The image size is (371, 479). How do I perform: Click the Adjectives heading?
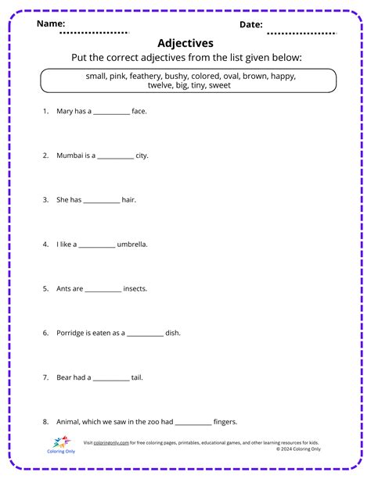[x=185, y=43]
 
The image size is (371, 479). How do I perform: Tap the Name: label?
[x=51, y=24]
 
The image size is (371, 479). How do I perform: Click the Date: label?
[x=250, y=24]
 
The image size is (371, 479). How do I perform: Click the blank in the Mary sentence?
[x=112, y=112]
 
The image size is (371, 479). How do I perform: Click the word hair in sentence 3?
[x=129, y=200]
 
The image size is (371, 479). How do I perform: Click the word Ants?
[x=65, y=289]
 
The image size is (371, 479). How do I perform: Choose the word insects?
[x=135, y=289]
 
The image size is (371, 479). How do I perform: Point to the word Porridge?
[x=71, y=333]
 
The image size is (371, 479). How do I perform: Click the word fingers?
[x=225, y=422]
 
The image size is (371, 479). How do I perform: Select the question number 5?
[x=45, y=289]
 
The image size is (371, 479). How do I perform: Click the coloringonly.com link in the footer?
[x=110, y=443]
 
